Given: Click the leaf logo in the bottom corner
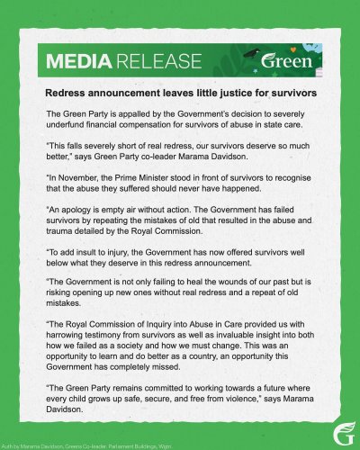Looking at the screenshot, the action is click(x=345, y=436).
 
